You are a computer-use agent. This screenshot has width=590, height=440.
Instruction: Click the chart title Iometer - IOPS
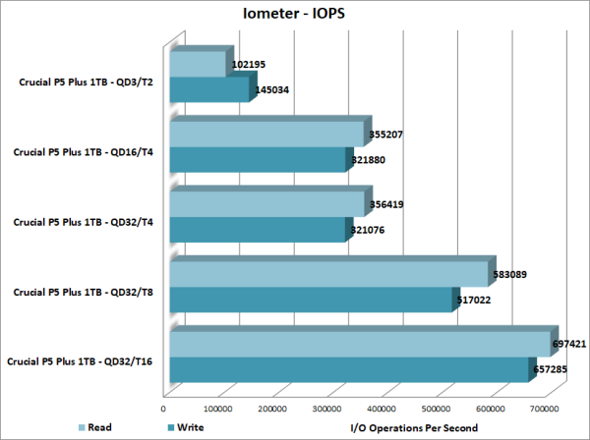[295, 14]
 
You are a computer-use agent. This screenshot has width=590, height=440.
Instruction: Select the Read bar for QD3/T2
[200, 64]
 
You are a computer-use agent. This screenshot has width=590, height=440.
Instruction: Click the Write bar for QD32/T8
[311, 301]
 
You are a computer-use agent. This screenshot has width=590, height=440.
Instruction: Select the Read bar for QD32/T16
[359, 345]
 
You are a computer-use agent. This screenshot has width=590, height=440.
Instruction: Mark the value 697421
[574, 345]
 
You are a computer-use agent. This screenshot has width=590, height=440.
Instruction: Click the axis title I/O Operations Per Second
[413, 427]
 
